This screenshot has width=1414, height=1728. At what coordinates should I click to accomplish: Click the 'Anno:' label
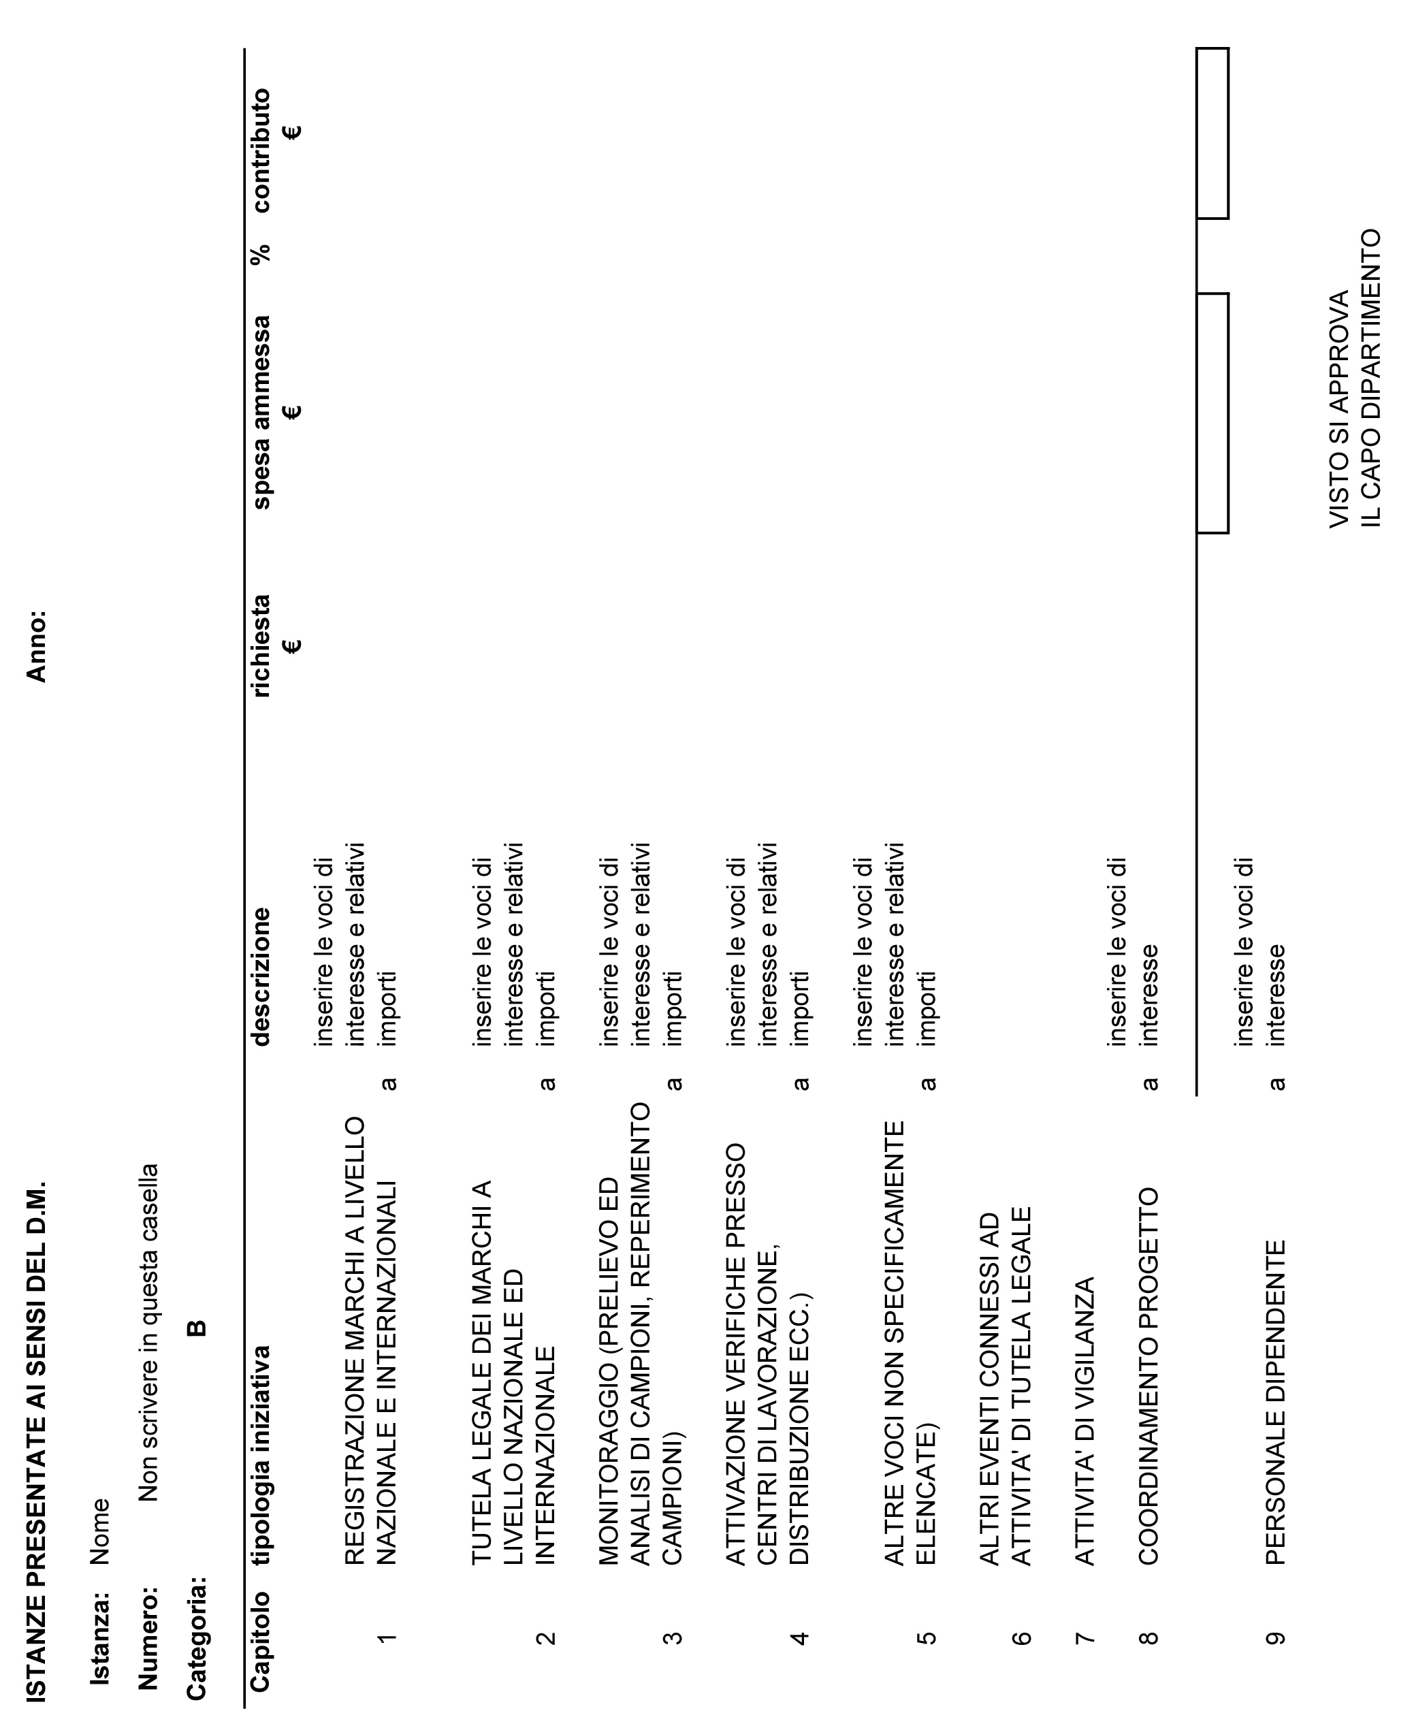point(37,645)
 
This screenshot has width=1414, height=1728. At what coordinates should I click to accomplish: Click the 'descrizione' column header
point(261,976)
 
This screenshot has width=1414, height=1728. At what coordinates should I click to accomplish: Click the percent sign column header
point(261,255)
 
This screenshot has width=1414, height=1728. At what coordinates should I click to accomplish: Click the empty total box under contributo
point(1212,133)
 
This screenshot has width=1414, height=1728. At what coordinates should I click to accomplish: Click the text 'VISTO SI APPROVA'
point(1339,409)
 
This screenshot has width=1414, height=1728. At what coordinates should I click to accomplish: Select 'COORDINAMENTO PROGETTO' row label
point(1148,1375)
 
